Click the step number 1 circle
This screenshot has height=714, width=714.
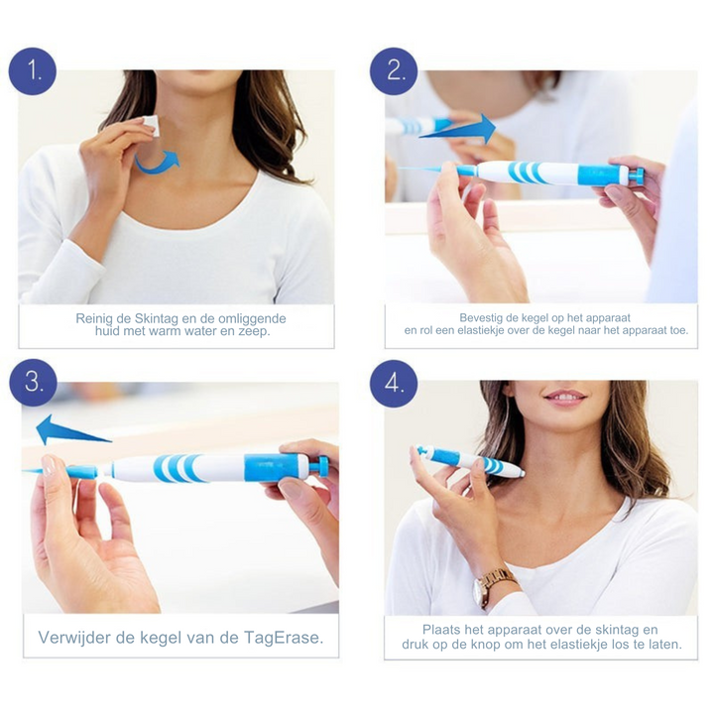[x=33, y=71]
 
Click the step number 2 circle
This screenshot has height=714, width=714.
[x=394, y=71]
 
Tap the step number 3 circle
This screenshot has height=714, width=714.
[x=34, y=382]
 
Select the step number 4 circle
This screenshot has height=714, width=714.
[x=394, y=384]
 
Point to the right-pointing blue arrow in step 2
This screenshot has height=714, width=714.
[x=457, y=129]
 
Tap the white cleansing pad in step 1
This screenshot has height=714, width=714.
[x=151, y=126]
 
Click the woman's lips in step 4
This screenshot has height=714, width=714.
[x=565, y=397]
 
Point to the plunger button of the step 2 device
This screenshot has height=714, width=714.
[x=636, y=176]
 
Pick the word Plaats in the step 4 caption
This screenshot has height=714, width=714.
[x=441, y=630]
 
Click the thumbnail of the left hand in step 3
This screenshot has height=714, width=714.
[x=48, y=466]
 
